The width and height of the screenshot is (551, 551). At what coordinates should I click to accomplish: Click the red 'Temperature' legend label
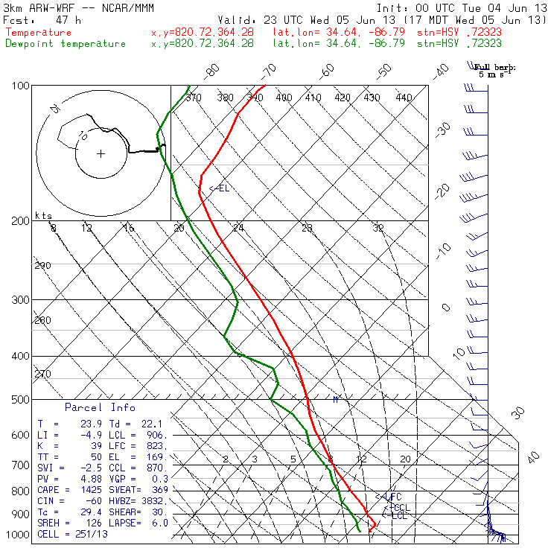click(39, 33)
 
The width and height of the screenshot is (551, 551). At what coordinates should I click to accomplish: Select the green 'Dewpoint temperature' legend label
click(66, 44)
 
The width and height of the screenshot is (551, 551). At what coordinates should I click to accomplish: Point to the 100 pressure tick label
click(20, 86)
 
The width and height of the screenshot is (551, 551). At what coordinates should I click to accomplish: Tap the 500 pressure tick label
click(20, 400)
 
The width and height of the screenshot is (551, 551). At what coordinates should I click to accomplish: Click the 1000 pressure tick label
click(17, 535)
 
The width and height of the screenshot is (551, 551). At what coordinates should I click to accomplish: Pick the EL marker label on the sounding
click(220, 188)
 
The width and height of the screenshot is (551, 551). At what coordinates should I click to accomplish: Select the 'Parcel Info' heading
click(100, 408)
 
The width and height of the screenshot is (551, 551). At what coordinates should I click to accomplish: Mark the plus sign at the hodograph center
click(101, 154)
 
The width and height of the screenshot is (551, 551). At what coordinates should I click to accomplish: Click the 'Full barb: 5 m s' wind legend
click(495, 71)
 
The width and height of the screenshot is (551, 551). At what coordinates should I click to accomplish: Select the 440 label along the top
click(404, 98)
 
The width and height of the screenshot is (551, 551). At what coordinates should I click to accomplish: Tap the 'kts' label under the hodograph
click(44, 215)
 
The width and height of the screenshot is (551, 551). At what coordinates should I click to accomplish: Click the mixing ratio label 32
click(378, 228)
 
